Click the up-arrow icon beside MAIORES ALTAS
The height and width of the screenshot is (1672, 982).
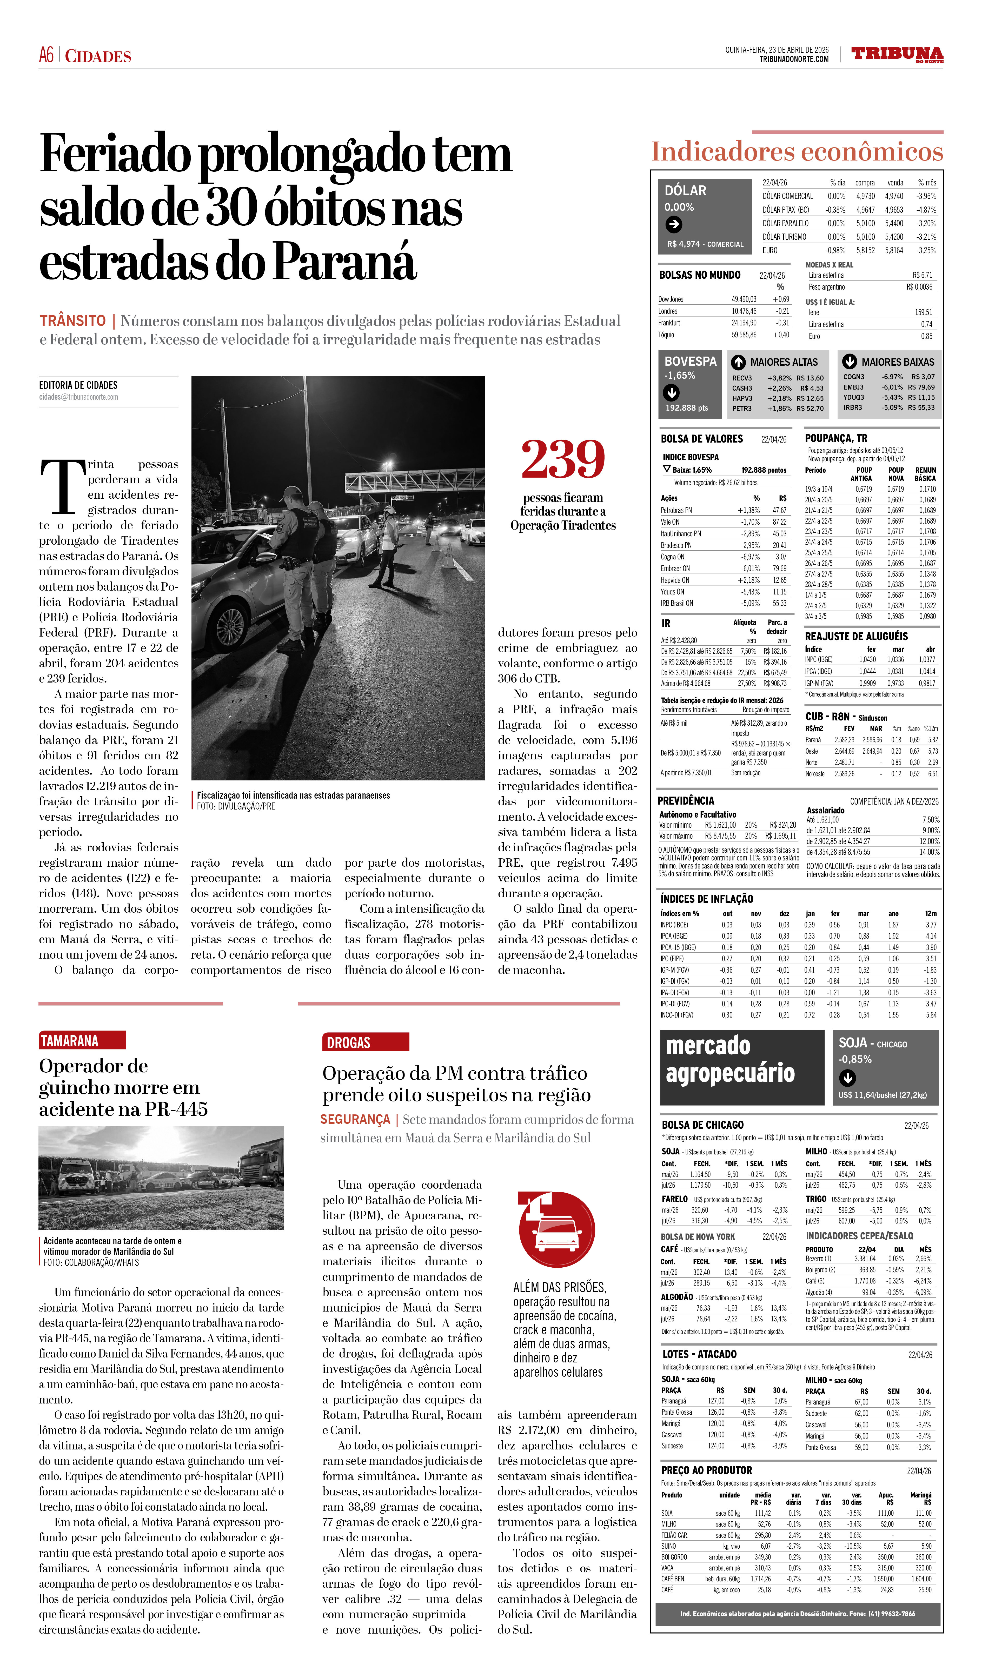point(738,362)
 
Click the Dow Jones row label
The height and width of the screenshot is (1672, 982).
point(671,299)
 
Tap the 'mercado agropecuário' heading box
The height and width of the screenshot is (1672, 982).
point(741,1067)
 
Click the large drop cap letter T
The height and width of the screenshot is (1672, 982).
point(62,486)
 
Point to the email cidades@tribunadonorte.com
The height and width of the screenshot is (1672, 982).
point(78,397)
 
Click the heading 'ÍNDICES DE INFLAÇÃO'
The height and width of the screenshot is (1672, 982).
point(707,898)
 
